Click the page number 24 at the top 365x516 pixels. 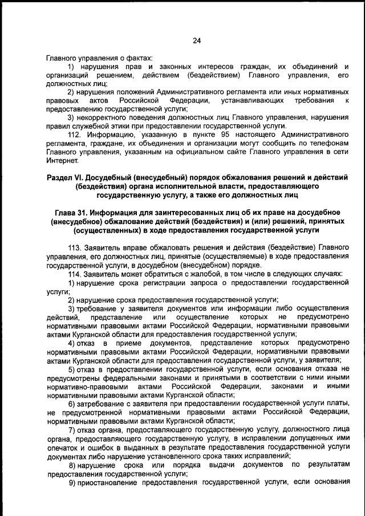[196, 40]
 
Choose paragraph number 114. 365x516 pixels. [76, 274]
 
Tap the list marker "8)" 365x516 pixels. [73, 465]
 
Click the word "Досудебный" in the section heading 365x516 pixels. [119, 178]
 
